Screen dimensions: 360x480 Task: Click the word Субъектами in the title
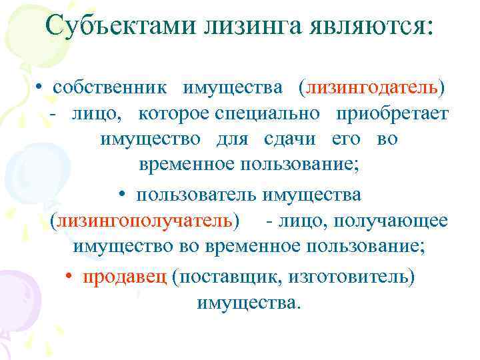(x=114, y=27)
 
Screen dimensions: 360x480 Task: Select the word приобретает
(x=393, y=114)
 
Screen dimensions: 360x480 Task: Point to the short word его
(x=347, y=140)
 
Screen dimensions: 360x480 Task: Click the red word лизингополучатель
(x=145, y=221)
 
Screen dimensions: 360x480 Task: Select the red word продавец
(x=125, y=276)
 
